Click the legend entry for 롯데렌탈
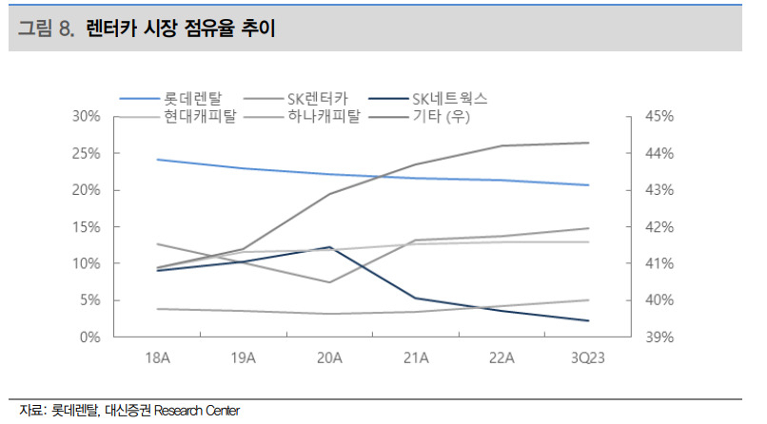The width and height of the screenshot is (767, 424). pyautogui.click(x=193, y=99)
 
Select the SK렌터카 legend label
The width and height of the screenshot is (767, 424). pyautogui.click(x=318, y=99)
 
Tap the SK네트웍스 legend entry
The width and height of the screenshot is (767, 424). pyautogui.click(x=449, y=99)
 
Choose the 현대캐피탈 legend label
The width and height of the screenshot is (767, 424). pyautogui.click(x=200, y=116)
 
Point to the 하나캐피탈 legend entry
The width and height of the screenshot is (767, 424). pyautogui.click(x=324, y=116)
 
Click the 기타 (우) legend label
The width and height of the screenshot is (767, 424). pyautogui.click(x=442, y=116)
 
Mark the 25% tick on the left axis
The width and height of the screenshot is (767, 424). pyautogui.click(x=86, y=153)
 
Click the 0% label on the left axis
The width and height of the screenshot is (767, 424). pyautogui.click(x=90, y=337)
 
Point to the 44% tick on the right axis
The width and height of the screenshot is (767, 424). pyautogui.click(x=659, y=153)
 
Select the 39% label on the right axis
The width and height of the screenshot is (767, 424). pyautogui.click(x=659, y=337)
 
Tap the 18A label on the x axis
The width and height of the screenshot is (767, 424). pyautogui.click(x=158, y=358)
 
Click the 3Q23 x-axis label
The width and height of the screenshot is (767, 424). pyautogui.click(x=588, y=358)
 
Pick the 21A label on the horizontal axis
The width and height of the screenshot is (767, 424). pyautogui.click(x=416, y=358)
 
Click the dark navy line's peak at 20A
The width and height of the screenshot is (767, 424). pyautogui.click(x=329, y=247)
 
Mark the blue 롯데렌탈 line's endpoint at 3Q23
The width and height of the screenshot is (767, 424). pyautogui.click(x=588, y=185)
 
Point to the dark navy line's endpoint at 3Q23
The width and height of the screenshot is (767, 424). pyautogui.click(x=588, y=321)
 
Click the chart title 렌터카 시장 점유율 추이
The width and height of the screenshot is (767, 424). pyautogui.click(x=181, y=28)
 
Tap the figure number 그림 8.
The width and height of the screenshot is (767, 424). pyautogui.click(x=46, y=28)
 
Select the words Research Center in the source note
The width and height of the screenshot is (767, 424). pyautogui.click(x=197, y=411)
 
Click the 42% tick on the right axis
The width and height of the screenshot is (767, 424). pyautogui.click(x=659, y=227)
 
